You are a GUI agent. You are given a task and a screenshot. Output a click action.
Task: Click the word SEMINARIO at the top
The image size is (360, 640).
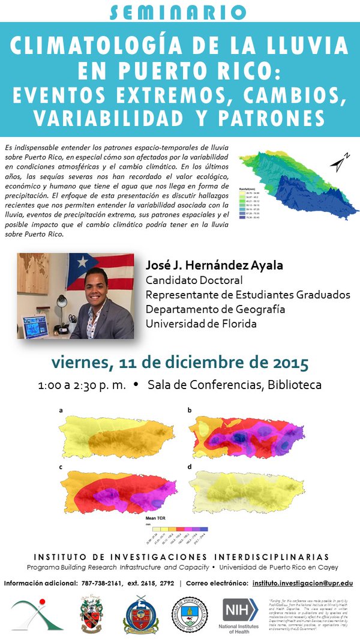pyautogui.click(x=179, y=11)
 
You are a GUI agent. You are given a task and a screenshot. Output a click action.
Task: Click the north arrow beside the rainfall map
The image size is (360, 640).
pyautogui.click(x=338, y=162)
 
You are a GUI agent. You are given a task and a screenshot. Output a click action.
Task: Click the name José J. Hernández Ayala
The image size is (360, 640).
pyautogui.click(x=218, y=265)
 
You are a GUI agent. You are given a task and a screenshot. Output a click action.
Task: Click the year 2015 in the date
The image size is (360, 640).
pyautogui.click(x=288, y=363)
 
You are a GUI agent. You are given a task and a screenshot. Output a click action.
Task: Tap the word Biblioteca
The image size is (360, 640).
pyautogui.click(x=294, y=385)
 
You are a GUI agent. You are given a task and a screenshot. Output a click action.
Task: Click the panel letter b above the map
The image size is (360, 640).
pyautogui.click(x=190, y=410)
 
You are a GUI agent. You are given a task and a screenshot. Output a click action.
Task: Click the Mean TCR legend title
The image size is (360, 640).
pyautogui.click(x=155, y=516)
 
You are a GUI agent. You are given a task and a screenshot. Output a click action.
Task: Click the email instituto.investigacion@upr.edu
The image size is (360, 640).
pyautogui.click(x=302, y=583)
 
